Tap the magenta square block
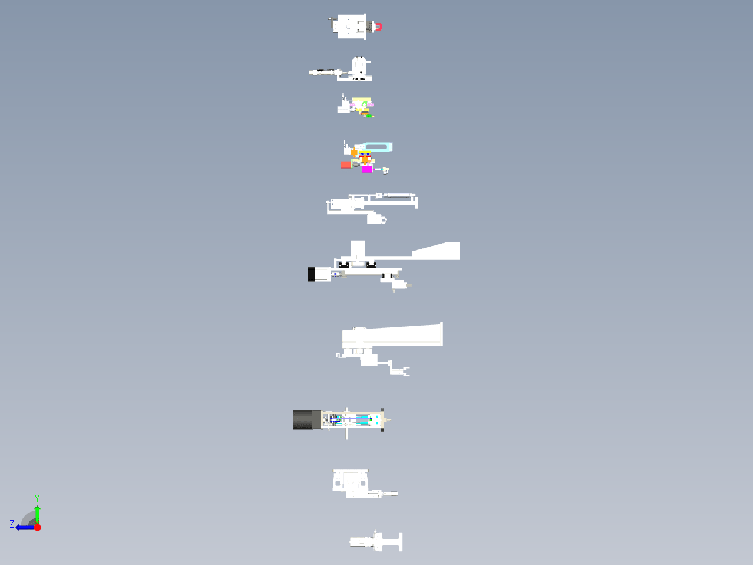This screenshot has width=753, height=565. pyautogui.click(x=366, y=169)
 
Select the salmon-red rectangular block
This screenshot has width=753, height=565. pyautogui.click(x=346, y=165)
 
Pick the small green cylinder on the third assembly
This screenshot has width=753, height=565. pyautogui.click(x=369, y=116)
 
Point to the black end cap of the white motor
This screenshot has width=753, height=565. pyautogui.click(x=311, y=274)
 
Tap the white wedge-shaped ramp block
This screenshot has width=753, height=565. pyautogui.click(x=436, y=251)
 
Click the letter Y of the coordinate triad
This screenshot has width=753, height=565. pyautogui.click(x=37, y=499)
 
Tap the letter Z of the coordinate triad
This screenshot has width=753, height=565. pyautogui.click(x=12, y=524)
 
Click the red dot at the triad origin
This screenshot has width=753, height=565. pyautogui.click(x=37, y=528)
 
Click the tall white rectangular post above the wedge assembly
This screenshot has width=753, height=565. pyautogui.click(x=358, y=249)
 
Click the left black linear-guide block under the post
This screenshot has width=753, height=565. pyautogui.click(x=344, y=265)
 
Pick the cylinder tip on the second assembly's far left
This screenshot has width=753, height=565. pyautogui.click(x=311, y=73)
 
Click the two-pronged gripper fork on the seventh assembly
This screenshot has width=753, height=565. pyautogui.click(x=407, y=372)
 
